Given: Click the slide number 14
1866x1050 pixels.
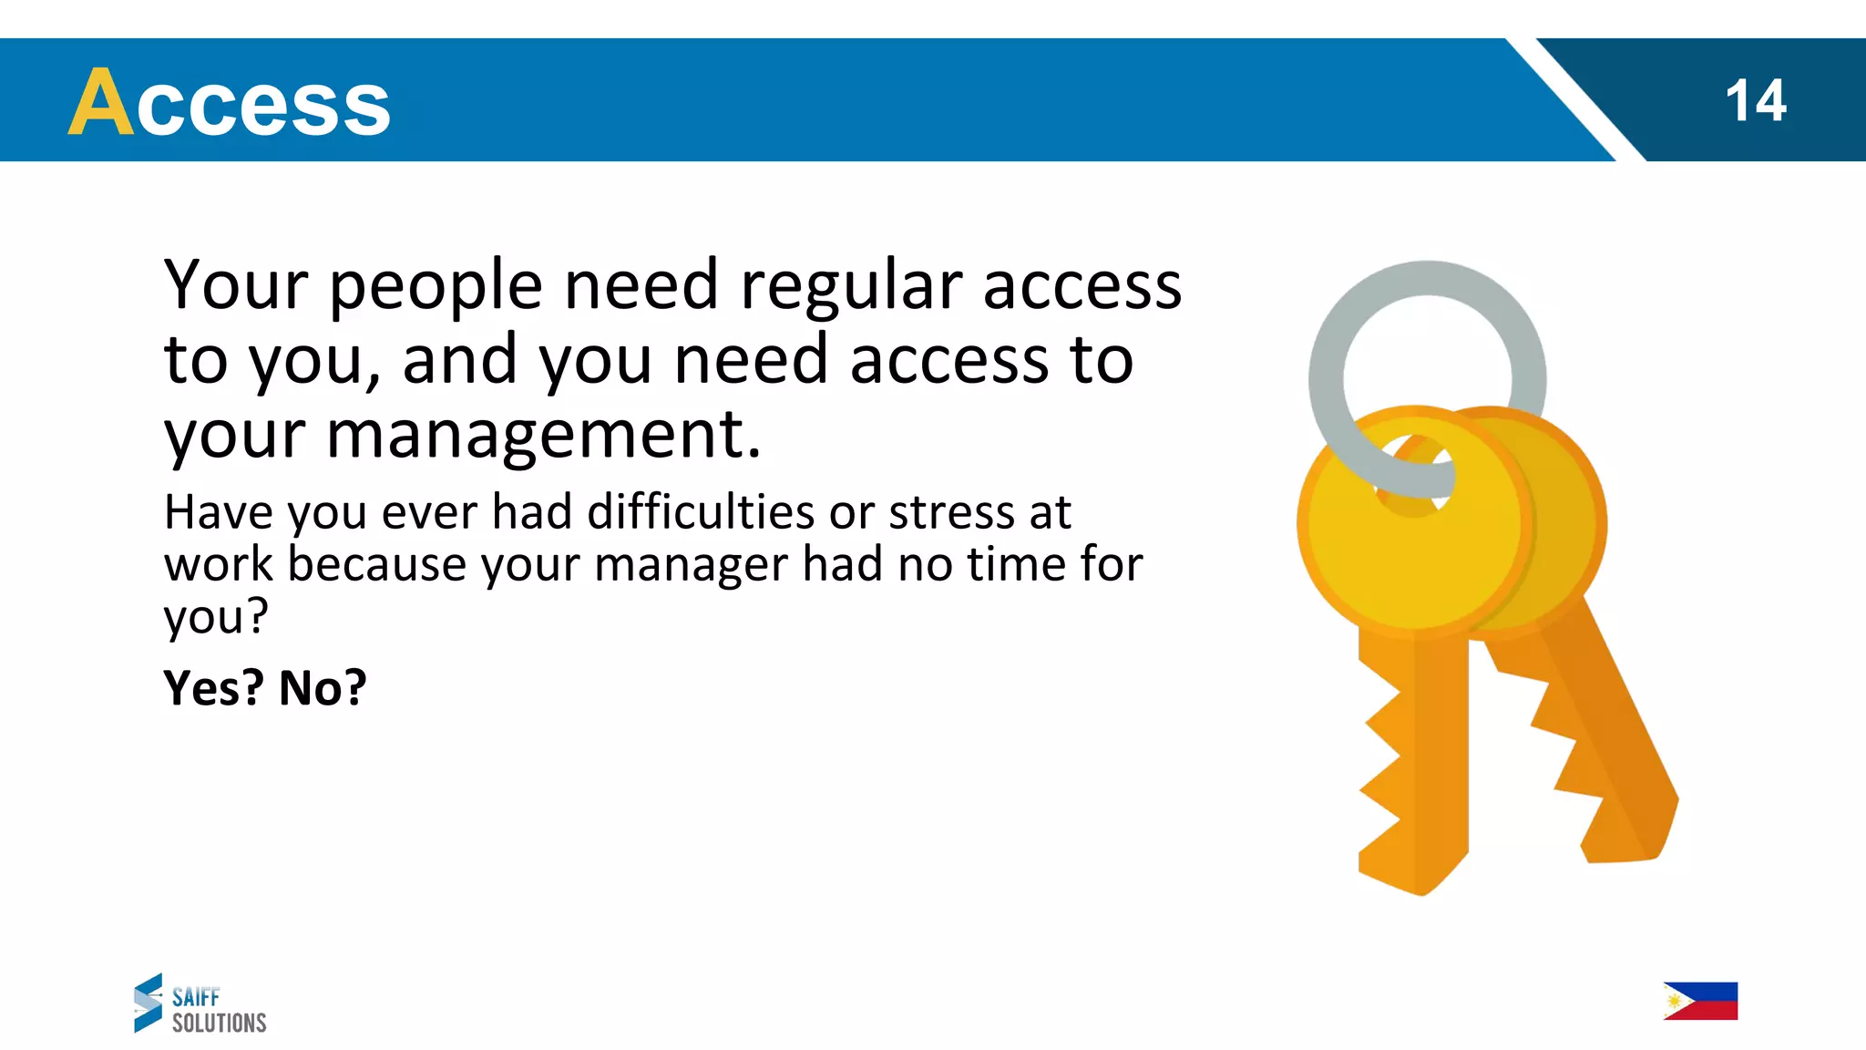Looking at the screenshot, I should [1755, 100].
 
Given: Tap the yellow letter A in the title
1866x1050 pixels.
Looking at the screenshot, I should [101, 102].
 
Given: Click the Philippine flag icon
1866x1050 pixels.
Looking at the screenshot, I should [1700, 1001].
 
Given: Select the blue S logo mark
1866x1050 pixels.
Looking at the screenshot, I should [148, 1003].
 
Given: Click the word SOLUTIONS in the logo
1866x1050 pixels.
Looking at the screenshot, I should [220, 1024].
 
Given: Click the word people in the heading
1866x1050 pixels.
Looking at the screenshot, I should [436, 287].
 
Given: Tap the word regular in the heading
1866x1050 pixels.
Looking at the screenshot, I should [851, 287].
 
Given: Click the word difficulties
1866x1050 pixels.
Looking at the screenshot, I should [701, 512].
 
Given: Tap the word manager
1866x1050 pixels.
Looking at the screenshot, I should [691, 565].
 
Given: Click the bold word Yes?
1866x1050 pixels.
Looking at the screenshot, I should [213, 688].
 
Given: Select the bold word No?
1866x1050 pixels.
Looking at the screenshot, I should [323, 688].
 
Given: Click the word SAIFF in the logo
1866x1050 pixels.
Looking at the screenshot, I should [196, 997].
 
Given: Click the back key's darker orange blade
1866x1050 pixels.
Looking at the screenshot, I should [1613, 747].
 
